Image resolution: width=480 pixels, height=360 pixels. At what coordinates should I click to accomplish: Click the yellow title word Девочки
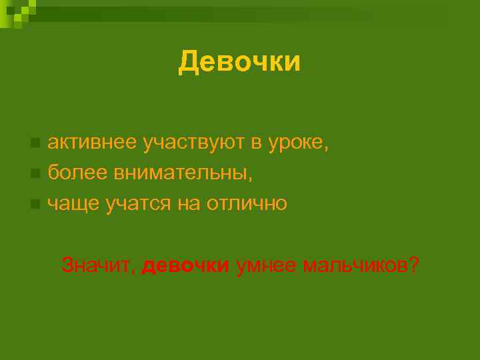point(239,62)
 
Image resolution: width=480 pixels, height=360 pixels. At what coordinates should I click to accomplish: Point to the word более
point(75,173)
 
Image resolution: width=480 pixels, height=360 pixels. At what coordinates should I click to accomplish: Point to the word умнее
point(265,266)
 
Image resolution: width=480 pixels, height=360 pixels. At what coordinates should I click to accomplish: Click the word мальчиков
point(355,266)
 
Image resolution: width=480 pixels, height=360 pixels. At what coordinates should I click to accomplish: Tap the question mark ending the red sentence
point(415,265)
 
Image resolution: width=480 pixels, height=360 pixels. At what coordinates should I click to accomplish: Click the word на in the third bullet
point(187,204)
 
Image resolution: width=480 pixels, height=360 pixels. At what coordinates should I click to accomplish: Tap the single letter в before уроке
point(255,143)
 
